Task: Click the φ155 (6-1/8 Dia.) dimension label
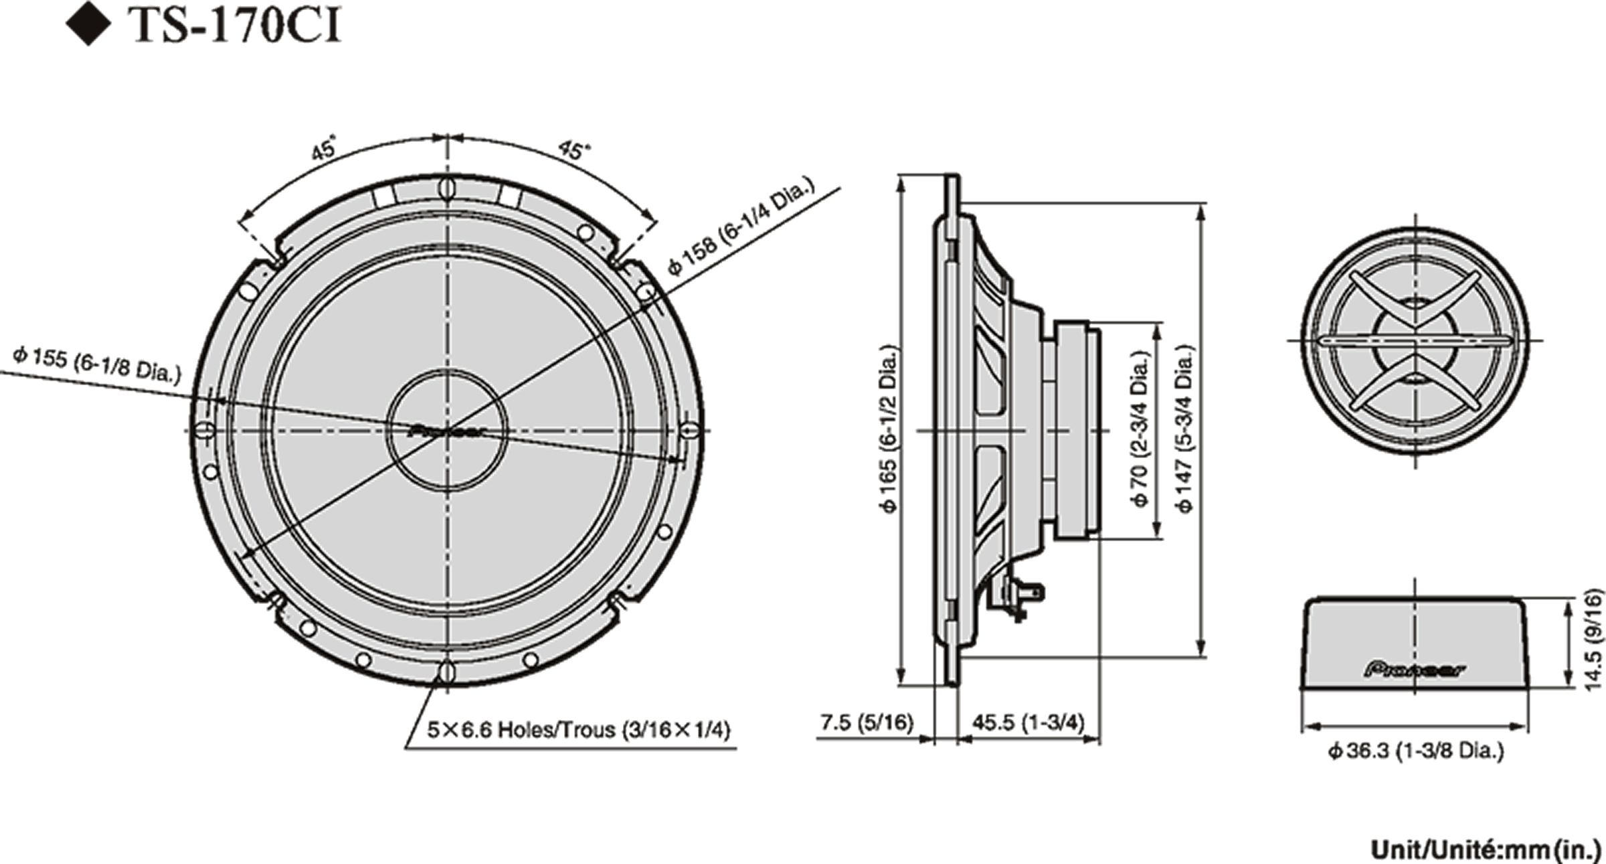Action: coord(97,364)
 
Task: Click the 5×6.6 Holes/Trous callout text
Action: coord(579,730)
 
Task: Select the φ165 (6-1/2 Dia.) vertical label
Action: coord(890,428)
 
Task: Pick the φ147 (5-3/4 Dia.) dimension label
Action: coord(1185,429)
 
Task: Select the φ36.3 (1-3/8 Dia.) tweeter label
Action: coord(1416,751)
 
